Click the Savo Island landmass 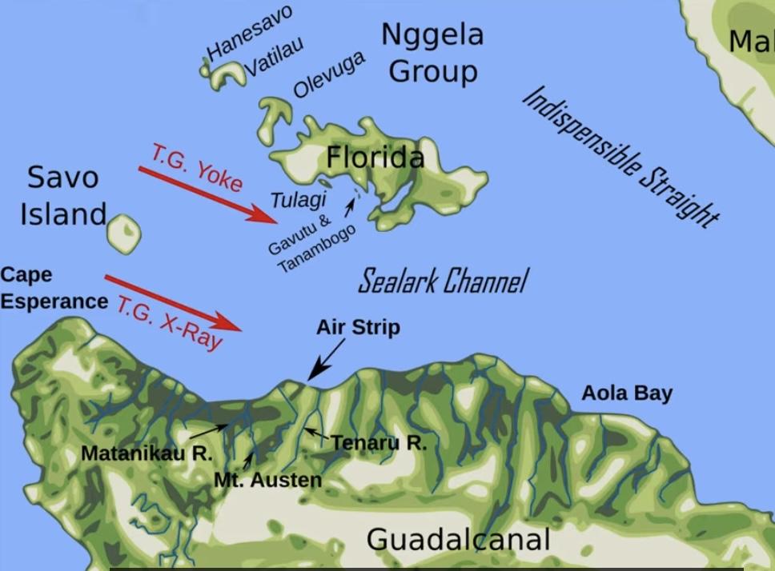pos(124,233)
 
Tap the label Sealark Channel pos(442,282)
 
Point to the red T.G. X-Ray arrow pos(173,301)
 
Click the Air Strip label pos(357,327)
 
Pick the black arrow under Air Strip pos(327,359)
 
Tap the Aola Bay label pos(626,393)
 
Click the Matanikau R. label pos(147,453)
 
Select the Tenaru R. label pos(379,442)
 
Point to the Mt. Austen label pos(268,480)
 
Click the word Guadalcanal pos(458,539)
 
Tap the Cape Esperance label pos(54,288)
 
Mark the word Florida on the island pos(375,158)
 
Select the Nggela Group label pos(432,52)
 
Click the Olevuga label pos(329,74)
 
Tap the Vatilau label pos(274,56)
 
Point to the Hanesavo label pos(250,32)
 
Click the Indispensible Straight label pos(620,156)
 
